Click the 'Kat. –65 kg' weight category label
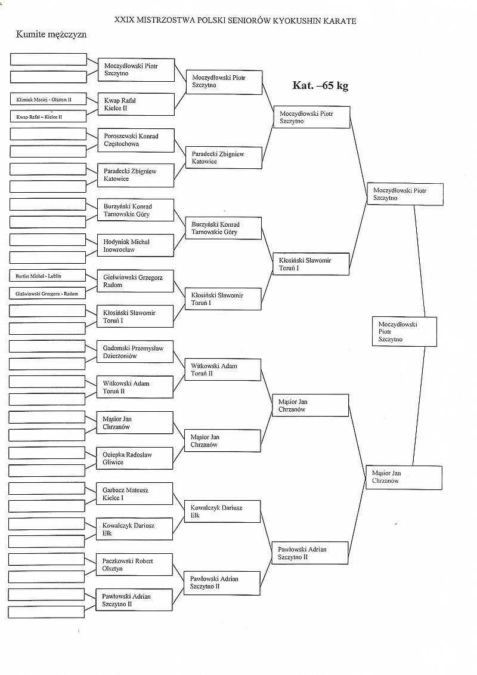pyautogui.click(x=320, y=85)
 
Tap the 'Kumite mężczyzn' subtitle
pyautogui.click(x=52, y=35)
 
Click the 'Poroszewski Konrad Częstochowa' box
pyautogui.click(x=136, y=140)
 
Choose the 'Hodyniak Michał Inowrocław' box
pyautogui.click(x=136, y=246)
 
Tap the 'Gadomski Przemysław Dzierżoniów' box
pyautogui.click(x=136, y=352)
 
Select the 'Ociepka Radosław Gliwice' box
pyautogui.click(x=136, y=458)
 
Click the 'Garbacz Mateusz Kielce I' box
pyautogui.click(x=136, y=494)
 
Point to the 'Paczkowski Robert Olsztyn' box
pyautogui.click(x=136, y=565)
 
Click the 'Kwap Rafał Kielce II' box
pyautogui.click(x=136, y=104)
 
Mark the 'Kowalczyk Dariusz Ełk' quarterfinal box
pyautogui.click(x=223, y=511)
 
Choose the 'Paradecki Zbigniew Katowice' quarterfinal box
pyautogui.click(x=223, y=158)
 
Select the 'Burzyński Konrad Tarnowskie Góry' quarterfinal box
pyautogui.click(x=223, y=228)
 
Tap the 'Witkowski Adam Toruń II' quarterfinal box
pyautogui.click(x=223, y=369)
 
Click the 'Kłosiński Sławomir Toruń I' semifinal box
pyautogui.click(x=311, y=264)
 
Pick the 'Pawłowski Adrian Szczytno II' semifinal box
pyautogui.click(x=311, y=553)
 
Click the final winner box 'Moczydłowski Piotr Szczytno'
pyautogui.click(x=404, y=331)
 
